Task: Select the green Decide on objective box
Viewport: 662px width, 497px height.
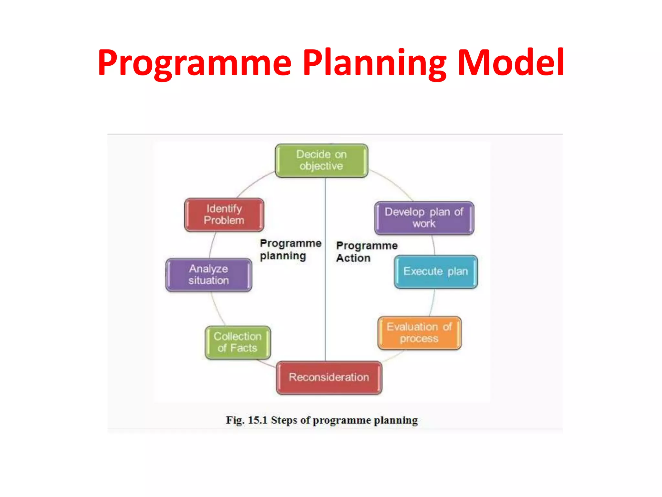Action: pyautogui.click(x=321, y=160)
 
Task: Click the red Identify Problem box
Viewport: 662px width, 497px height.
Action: pyautogui.click(x=224, y=215)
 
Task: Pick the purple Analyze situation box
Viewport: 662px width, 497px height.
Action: pyautogui.click(x=208, y=275)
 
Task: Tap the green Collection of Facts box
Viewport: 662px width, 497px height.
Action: pyautogui.click(x=238, y=342)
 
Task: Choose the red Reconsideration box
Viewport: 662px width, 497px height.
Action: pyautogui.click(x=329, y=377)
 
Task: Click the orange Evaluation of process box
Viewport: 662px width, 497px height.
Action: pyautogui.click(x=419, y=333)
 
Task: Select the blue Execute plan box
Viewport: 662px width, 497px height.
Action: pyautogui.click(x=435, y=271)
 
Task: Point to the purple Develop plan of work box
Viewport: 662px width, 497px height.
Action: pyautogui.click(x=424, y=218)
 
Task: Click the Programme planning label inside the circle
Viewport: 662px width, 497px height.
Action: pyautogui.click(x=290, y=249)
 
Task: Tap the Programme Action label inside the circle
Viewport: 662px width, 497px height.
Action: pyautogui.click(x=367, y=252)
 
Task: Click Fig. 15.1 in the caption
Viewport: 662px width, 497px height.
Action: pyautogui.click(x=247, y=420)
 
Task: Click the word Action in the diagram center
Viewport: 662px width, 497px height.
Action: pyautogui.click(x=353, y=258)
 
